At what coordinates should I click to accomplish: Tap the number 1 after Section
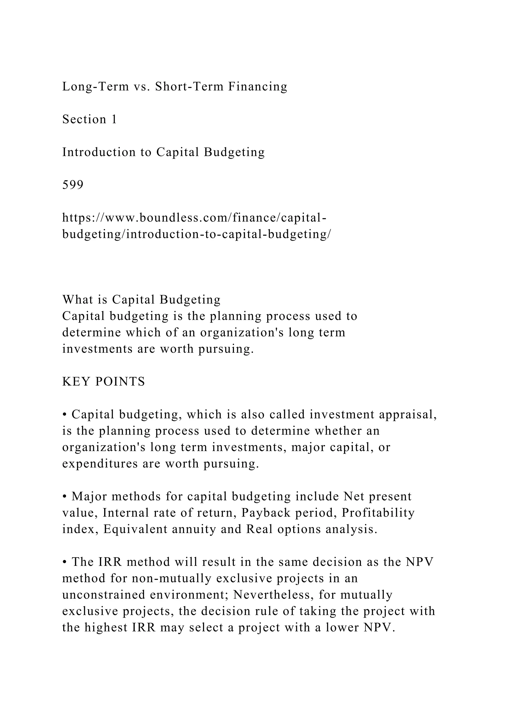tap(114, 119)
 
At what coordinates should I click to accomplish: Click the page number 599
tap(73, 185)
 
